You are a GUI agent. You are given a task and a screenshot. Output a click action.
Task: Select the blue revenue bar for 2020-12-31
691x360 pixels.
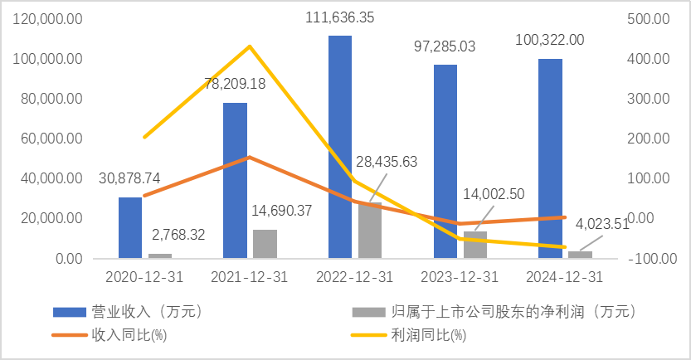pos(130,227)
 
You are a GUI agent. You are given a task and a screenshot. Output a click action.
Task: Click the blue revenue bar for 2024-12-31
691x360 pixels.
pos(551,158)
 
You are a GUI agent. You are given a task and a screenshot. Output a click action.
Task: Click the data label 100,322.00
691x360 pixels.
pos(549,40)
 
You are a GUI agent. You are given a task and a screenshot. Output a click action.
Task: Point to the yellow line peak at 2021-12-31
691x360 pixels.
pos(250,46)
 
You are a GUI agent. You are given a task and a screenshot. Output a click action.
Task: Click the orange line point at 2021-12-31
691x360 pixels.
pos(250,157)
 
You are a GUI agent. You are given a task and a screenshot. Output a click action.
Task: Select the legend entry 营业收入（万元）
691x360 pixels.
pos(129,313)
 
